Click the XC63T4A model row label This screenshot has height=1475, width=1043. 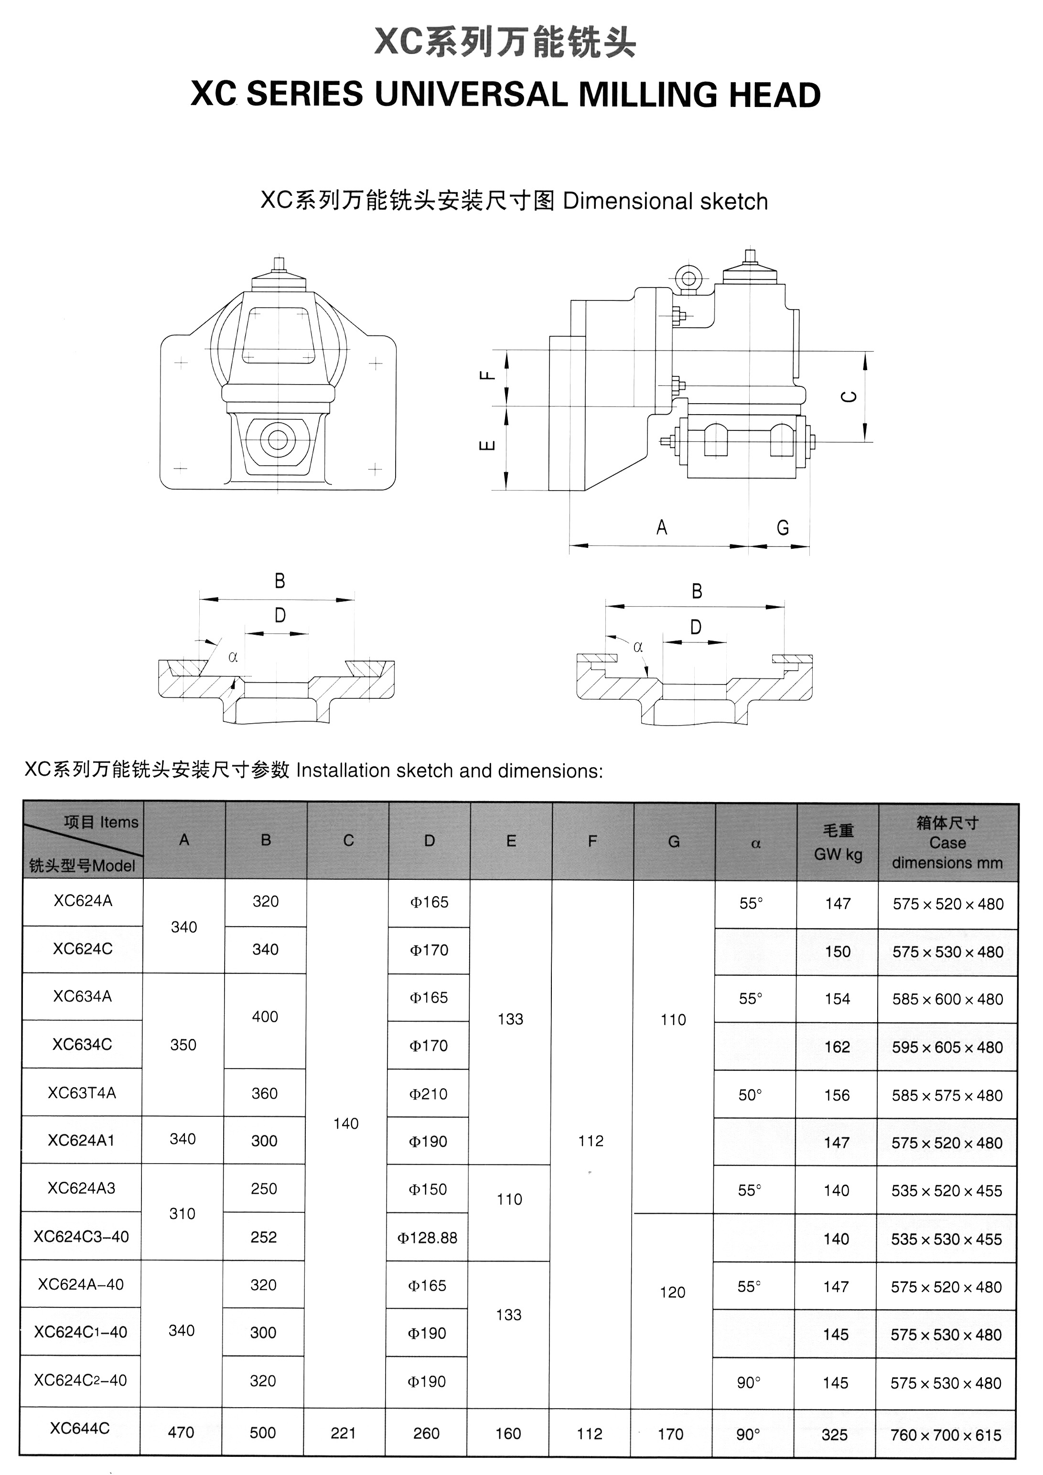(x=82, y=1093)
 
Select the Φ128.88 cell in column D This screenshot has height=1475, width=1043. (x=427, y=1237)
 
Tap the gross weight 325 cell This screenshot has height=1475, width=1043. (x=834, y=1434)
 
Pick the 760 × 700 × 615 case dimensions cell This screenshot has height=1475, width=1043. (x=946, y=1434)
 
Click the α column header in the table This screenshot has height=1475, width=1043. (x=756, y=844)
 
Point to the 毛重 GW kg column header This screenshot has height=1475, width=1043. (x=838, y=842)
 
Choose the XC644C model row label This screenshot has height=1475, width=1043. (x=80, y=1428)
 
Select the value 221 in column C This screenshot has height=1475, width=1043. (x=343, y=1433)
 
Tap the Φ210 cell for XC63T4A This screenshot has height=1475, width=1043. (x=429, y=1094)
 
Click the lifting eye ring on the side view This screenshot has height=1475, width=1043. (x=688, y=279)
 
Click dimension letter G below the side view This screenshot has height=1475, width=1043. (x=782, y=528)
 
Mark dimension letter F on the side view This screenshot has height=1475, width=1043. (x=488, y=376)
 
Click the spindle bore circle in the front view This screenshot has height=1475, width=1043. (x=278, y=439)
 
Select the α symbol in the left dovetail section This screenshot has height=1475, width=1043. (x=233, y=657)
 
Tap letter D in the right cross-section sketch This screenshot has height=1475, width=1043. (x=695, y=627)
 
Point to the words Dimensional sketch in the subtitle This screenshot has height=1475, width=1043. (x=665, y=202)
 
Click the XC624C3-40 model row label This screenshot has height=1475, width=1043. (x=81, y=1237)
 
